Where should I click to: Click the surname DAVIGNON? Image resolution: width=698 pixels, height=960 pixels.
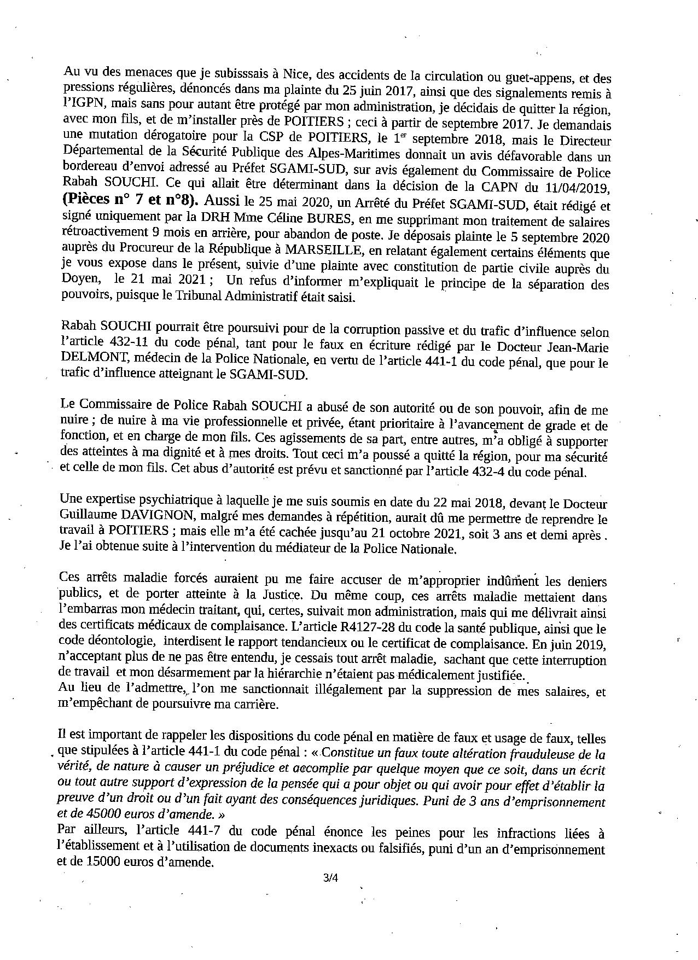[x=149, y=519]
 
